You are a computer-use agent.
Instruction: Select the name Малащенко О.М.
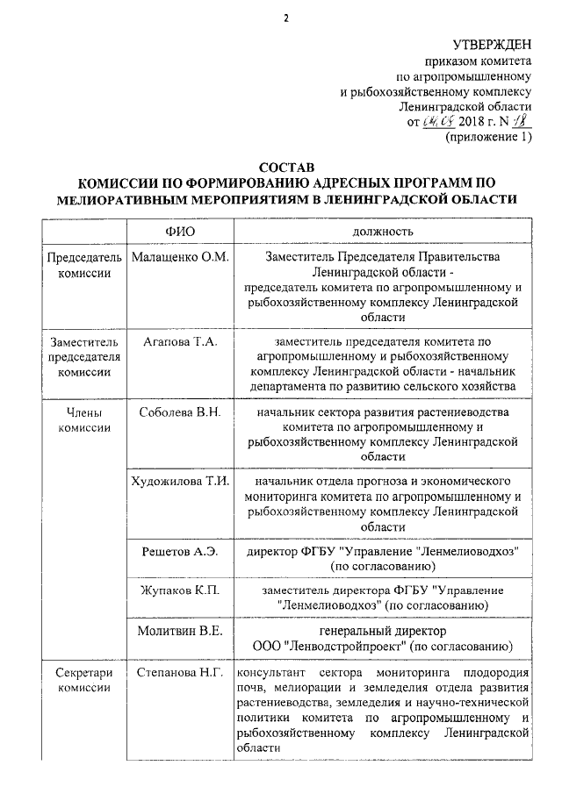pyautogui.click(x=179, y=257)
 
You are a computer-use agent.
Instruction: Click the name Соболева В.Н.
pyautogui.click(x=179, y=411)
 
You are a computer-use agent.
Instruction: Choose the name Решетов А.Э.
pyautogui.click(x=179, y=551)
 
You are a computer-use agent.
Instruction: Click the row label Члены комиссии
pyautogui.click(x=84, y=418)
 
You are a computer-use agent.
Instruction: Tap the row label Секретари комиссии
pyautogui.click(x=84, y=681)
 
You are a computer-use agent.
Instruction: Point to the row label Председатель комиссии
pyautogui.click(x=84, y=265)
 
